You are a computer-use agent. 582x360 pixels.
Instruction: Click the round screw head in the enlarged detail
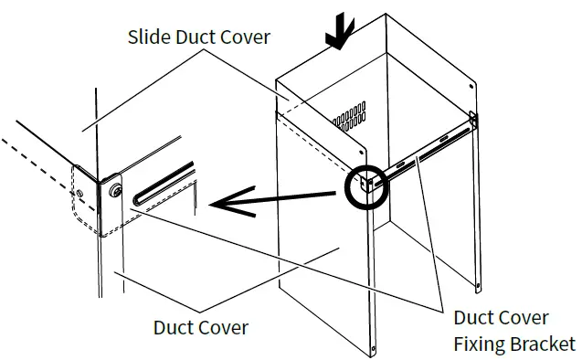pos(117,191)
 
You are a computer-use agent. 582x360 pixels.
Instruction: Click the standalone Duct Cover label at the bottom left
pos(200,326)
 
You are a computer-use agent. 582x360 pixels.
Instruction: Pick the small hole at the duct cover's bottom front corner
pos(374,347)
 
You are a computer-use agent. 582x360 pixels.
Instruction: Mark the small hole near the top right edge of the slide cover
pos(471,85)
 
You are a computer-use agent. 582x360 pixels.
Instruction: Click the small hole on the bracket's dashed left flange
pos(83,193)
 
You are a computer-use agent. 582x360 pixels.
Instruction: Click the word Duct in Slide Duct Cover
pos(197,37)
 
